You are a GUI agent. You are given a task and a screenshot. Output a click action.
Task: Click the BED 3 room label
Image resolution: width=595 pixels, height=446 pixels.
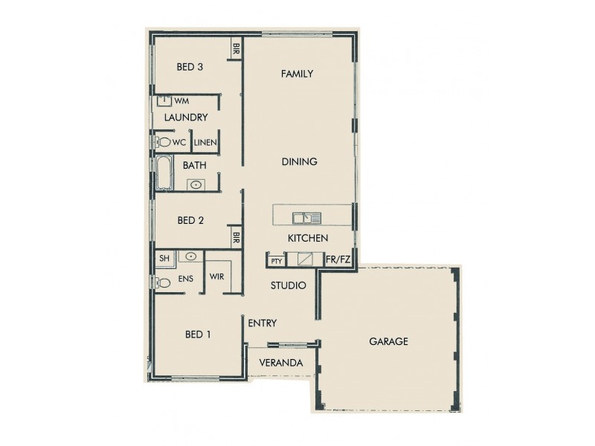[190, 67]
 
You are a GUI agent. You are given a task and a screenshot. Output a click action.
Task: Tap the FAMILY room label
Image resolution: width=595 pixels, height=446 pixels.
[296, 74]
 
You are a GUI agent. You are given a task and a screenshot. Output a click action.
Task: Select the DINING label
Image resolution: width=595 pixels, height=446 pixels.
[300, 161]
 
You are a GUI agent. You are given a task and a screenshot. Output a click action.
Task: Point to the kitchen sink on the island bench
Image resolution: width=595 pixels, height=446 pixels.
[306, 218]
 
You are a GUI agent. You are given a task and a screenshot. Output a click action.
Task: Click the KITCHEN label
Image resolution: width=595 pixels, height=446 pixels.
[308, 239]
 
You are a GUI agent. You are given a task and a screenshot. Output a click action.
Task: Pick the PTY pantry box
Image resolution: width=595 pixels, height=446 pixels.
[276, 261]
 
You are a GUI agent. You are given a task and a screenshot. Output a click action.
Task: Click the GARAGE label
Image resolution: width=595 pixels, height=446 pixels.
[388, 342]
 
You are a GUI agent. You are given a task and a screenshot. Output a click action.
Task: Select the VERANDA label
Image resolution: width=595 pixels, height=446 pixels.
[280, 363]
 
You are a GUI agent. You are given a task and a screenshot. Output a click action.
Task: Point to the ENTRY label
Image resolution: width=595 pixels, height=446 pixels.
[262, 323]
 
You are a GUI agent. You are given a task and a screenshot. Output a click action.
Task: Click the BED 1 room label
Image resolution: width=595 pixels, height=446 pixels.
[198, 334]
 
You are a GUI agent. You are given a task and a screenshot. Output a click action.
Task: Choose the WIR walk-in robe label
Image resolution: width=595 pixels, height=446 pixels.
[217, 277]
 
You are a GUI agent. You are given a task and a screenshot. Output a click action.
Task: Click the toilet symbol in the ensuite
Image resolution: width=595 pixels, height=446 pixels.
[163, 282]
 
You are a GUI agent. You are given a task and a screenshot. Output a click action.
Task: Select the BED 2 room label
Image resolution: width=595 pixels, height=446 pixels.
[190, 220]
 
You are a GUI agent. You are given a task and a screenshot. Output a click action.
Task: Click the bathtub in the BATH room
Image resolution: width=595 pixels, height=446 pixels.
[164, 174]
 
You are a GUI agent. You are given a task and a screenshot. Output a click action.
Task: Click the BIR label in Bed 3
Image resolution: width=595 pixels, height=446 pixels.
[236, 51]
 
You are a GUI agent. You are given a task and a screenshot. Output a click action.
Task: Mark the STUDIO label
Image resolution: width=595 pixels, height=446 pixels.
[288, 285]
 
